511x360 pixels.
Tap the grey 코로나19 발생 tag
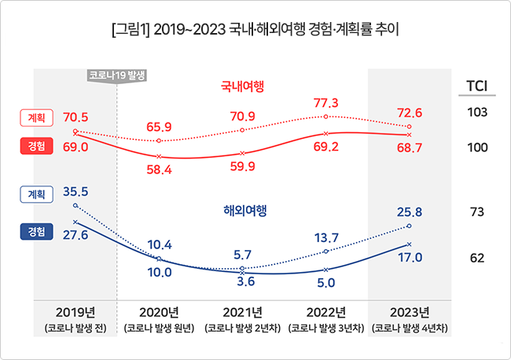pyautogui.click(x=117, y=75)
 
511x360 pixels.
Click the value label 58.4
pyautogui.click(x=160, y=170)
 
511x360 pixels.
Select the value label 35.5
pyautogui.click(x=75, y=190)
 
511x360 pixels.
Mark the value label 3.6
pyautogui.click(x=244, y=282)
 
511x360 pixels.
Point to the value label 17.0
pyautogui.click(x=410, y=257)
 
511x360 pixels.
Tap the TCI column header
pyautogui.click(x=477, y=85)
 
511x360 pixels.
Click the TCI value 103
pyautogui.click(x=477, y=112)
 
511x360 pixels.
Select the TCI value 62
pyautogui.click(x=477, y=258)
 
